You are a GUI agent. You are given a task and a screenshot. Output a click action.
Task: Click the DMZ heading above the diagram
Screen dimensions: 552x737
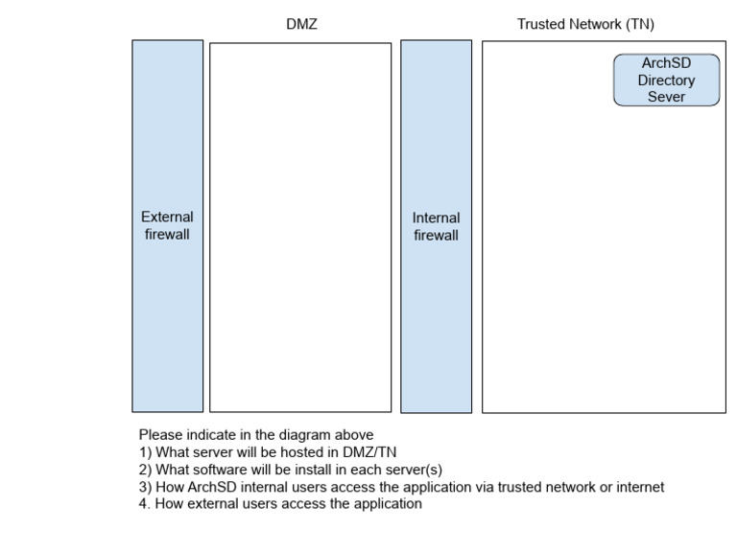(x=301, y=25)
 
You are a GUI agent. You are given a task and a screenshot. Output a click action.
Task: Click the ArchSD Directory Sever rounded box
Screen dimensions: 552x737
(x=666, y=80)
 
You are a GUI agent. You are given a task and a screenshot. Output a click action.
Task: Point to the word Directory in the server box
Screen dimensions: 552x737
(x=666, y=80)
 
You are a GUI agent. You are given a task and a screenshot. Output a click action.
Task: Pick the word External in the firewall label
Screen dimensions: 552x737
(x=167, y=218)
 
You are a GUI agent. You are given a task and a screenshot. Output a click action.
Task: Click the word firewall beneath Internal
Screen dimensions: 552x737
(x=436, y=235)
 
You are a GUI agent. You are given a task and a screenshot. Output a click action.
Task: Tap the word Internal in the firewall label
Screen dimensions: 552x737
(x=436, y=218)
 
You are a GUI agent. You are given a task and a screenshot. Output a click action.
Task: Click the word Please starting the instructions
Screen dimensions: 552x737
(x=160, y=434)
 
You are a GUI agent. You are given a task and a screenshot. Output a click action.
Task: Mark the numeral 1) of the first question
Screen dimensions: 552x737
(x=144, y=452)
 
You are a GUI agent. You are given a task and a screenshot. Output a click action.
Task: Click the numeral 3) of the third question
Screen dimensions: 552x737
(x=144, y=487)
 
